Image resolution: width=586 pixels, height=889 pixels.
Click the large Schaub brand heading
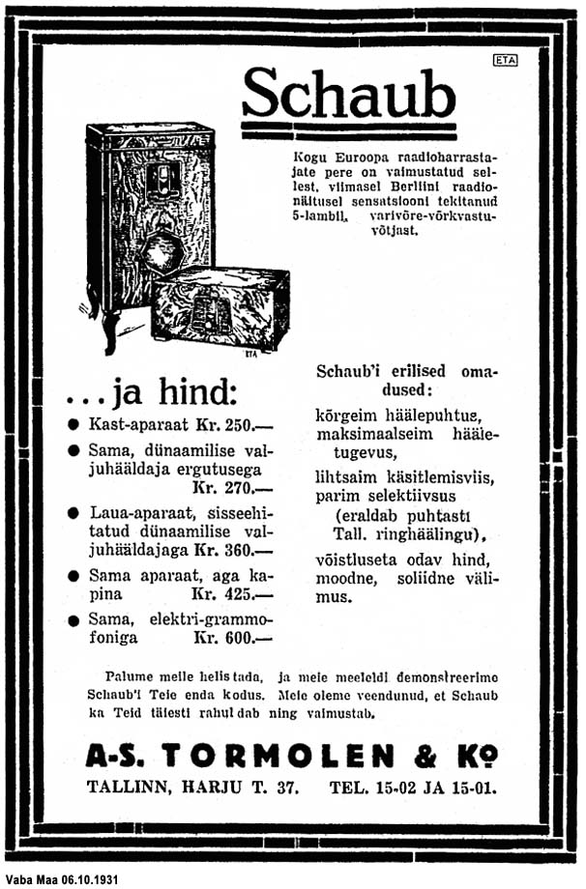click(347, 94)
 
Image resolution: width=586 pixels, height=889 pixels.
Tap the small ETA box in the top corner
click(505, 60)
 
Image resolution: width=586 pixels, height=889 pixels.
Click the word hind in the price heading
click(190, 394)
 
